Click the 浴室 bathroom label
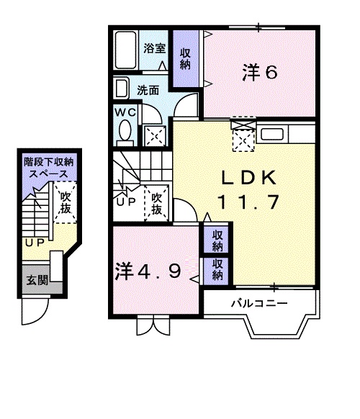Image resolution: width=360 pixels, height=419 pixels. click(155, 48)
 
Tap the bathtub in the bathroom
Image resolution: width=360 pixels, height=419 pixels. click(125, 50)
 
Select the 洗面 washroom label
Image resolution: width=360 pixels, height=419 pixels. click(148, 91)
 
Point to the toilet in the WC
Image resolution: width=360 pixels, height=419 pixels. click(125, 132)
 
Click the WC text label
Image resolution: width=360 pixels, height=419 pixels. click(125, 112)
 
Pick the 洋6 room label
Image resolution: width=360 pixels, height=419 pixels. click(260, 73)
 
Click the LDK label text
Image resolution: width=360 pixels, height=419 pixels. click(248, 177)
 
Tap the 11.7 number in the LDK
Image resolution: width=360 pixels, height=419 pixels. click(249, 202)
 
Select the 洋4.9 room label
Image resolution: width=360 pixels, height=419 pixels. click(148, 271)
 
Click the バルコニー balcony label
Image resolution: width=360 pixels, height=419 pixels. click(259, 303)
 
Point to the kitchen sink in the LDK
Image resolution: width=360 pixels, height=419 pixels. click(272, 134)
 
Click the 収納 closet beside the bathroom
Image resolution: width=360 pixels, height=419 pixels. click(185, 59)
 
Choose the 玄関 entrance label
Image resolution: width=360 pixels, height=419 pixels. click(37, 280)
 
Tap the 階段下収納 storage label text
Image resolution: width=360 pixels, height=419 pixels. click(49, 162)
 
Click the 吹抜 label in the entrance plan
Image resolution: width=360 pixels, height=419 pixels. click(66, 202)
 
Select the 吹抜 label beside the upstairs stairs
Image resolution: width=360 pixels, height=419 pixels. click(157, 204)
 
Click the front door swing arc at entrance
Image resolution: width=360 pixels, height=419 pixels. click(40, 317)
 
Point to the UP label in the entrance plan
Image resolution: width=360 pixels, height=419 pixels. click(35, 243)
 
